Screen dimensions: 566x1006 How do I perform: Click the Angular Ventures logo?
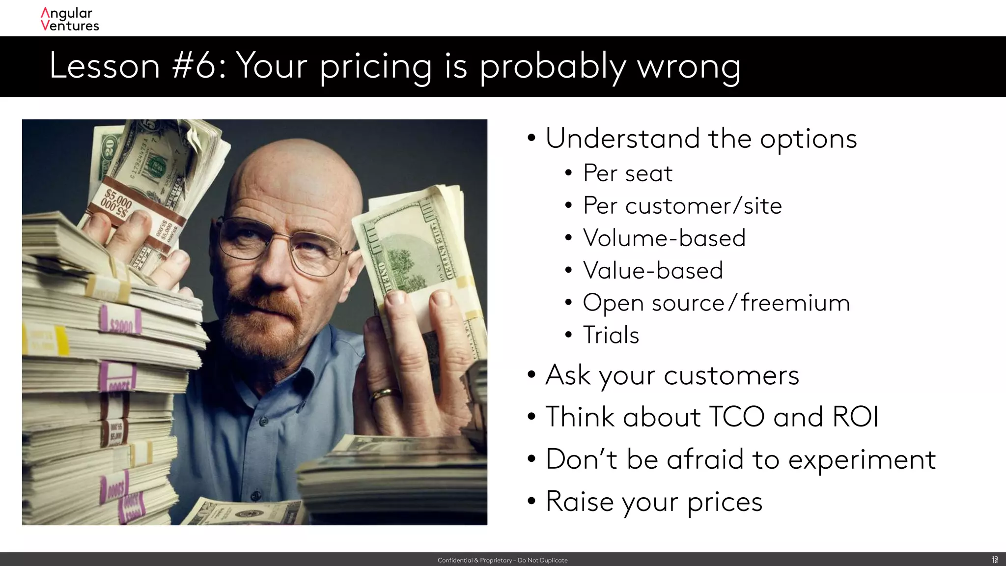(x=69, y=20)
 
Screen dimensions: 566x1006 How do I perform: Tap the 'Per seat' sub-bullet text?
(x=627, y=173)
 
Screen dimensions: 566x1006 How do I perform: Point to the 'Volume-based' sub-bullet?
(x=664, y=238)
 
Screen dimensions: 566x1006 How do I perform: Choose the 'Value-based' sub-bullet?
(x=652, y=271)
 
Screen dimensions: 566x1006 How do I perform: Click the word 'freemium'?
(x=795, y=303)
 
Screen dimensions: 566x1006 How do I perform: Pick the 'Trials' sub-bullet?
(x=611, y=336)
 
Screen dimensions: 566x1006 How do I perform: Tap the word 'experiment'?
(x=862, y=460)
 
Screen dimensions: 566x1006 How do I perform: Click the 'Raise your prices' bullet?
(x=653, y=502)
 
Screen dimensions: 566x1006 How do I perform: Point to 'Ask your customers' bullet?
(x=671, y=376)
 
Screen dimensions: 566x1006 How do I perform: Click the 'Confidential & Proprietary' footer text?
(x=502, y=560)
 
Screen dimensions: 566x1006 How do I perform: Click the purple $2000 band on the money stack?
(x=120, y=323)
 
